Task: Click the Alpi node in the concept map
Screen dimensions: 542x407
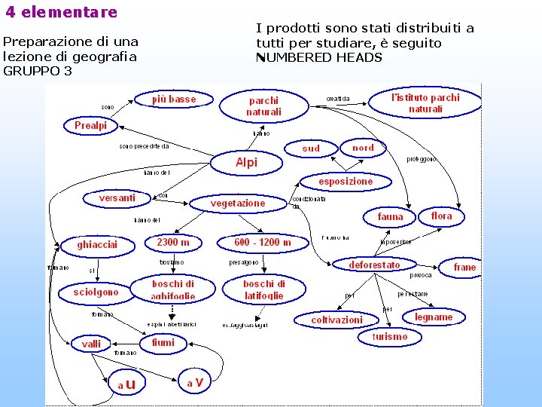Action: [x=246, y=162]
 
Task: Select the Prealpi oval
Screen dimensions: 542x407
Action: [x=91, y=126]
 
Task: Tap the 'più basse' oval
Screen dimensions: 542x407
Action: [x=174, y=99]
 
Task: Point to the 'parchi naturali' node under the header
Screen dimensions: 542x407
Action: [x=263, y=106]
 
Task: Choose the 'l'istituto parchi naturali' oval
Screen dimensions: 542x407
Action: [x=425, y=103]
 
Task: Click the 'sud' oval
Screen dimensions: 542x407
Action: [x=311, y=148]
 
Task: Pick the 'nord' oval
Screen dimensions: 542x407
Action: [x=363, y=148]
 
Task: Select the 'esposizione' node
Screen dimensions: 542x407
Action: [x=346, y=182]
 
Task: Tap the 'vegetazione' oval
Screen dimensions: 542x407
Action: [x=238, y=203]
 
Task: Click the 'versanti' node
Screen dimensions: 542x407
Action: [x=117, y=198]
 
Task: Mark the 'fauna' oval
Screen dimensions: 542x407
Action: [x=391, y=216]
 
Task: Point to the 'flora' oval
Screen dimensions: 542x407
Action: [x=442, y=216]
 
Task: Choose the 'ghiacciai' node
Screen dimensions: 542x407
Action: [x=97, y=245]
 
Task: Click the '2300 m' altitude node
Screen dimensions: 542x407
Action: [x=173, y=243]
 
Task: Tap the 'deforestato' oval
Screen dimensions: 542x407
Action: [x=375, y=265]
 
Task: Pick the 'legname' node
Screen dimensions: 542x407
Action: [x=434, y=317]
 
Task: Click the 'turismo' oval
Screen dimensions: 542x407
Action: [x=390, y=337]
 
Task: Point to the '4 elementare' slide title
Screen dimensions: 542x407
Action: [x=62, y=12]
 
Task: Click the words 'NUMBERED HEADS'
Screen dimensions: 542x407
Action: [x=320, y=57]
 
